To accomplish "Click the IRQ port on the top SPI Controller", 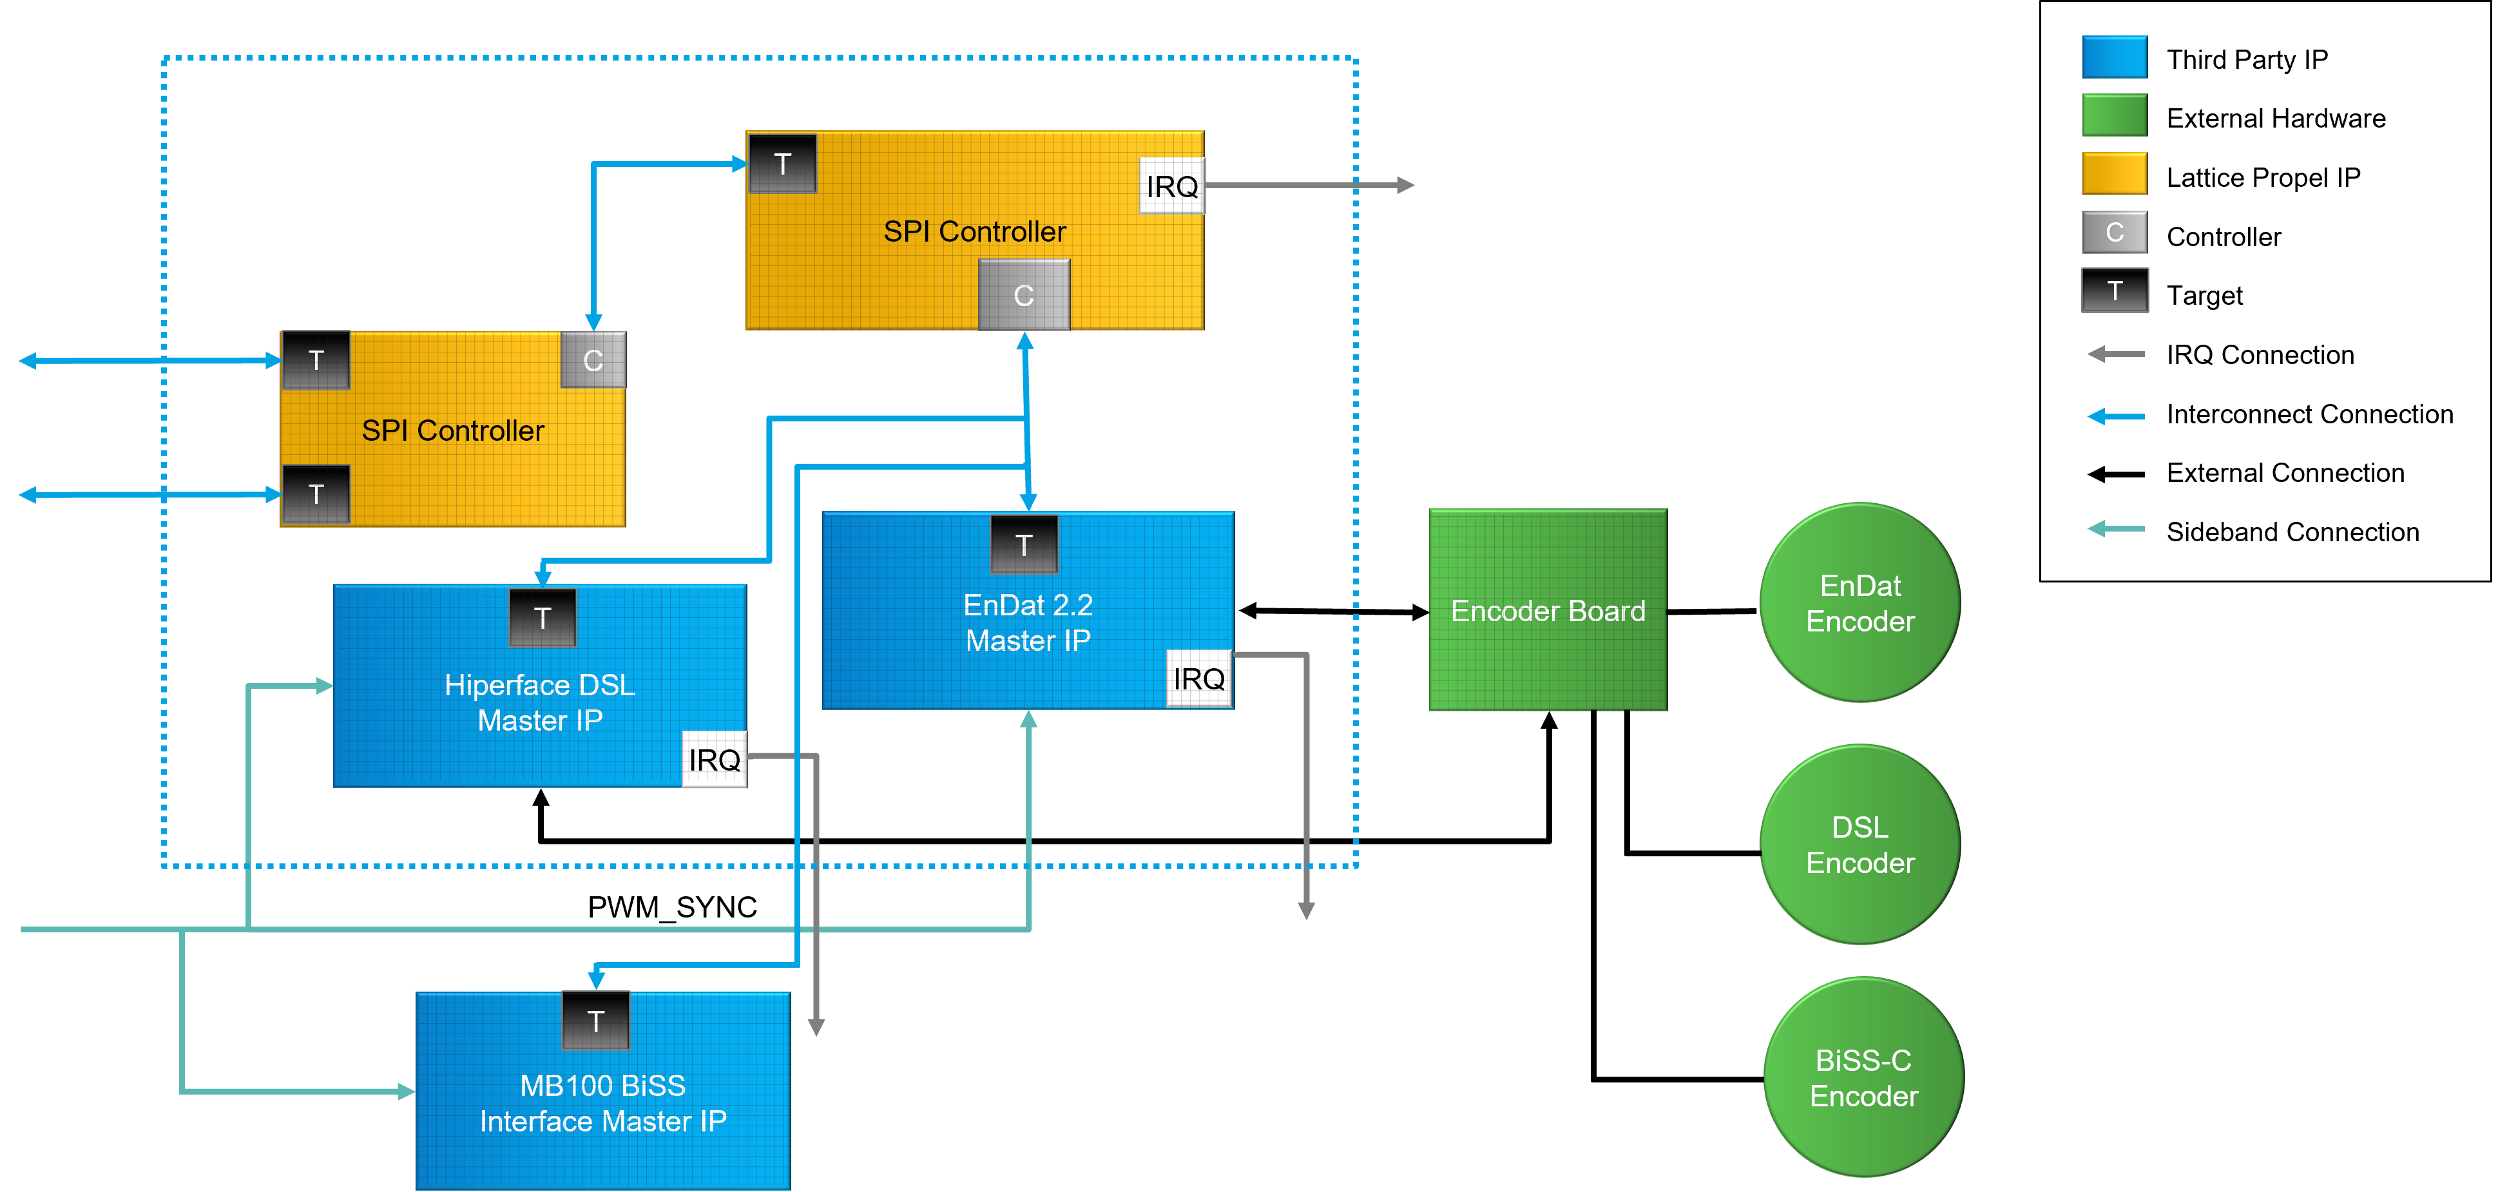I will click(1171, 186).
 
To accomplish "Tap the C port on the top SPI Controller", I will click(1024, 295).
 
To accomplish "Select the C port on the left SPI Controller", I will click(593, 360).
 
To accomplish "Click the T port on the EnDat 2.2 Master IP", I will click(1024, 545).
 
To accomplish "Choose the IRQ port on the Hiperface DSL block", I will click(715, 760).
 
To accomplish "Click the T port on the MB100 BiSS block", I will click(595, 1021).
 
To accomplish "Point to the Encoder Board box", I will click(1548, 610).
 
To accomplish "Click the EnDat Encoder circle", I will click(1860, 602).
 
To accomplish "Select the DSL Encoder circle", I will click(1860, 844).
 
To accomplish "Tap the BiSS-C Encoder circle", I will click(1863, 1077).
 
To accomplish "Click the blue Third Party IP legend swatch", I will click(2114, 58).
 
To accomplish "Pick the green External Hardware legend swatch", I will click(2114, 117).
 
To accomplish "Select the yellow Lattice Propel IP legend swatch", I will click(2114, 175).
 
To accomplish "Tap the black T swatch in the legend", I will click(2114, 291).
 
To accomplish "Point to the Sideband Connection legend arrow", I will click(2116, 530).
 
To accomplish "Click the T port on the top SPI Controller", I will click(783, 163).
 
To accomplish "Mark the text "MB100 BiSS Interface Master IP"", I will click(603, 1103).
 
